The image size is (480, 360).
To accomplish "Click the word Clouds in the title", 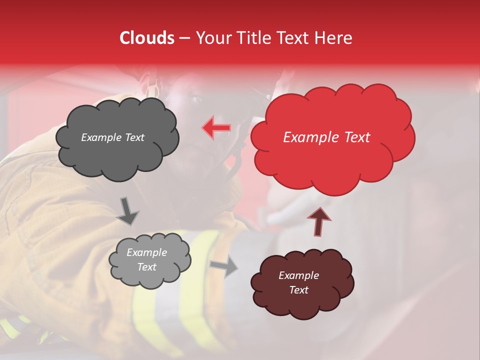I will [147, 38].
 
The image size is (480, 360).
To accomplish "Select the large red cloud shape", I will [332, 160].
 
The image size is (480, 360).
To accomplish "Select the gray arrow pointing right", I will [223, 266].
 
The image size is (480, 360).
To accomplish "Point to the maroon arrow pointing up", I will [318, 220].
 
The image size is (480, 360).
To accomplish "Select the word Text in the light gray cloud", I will [146, 267].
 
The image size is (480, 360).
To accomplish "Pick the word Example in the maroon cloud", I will [298, 275].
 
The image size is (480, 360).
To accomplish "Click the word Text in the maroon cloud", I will [298, 290].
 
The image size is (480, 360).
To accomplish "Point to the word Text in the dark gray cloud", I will [134, 137].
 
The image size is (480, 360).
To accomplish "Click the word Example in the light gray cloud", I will [146, 252].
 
